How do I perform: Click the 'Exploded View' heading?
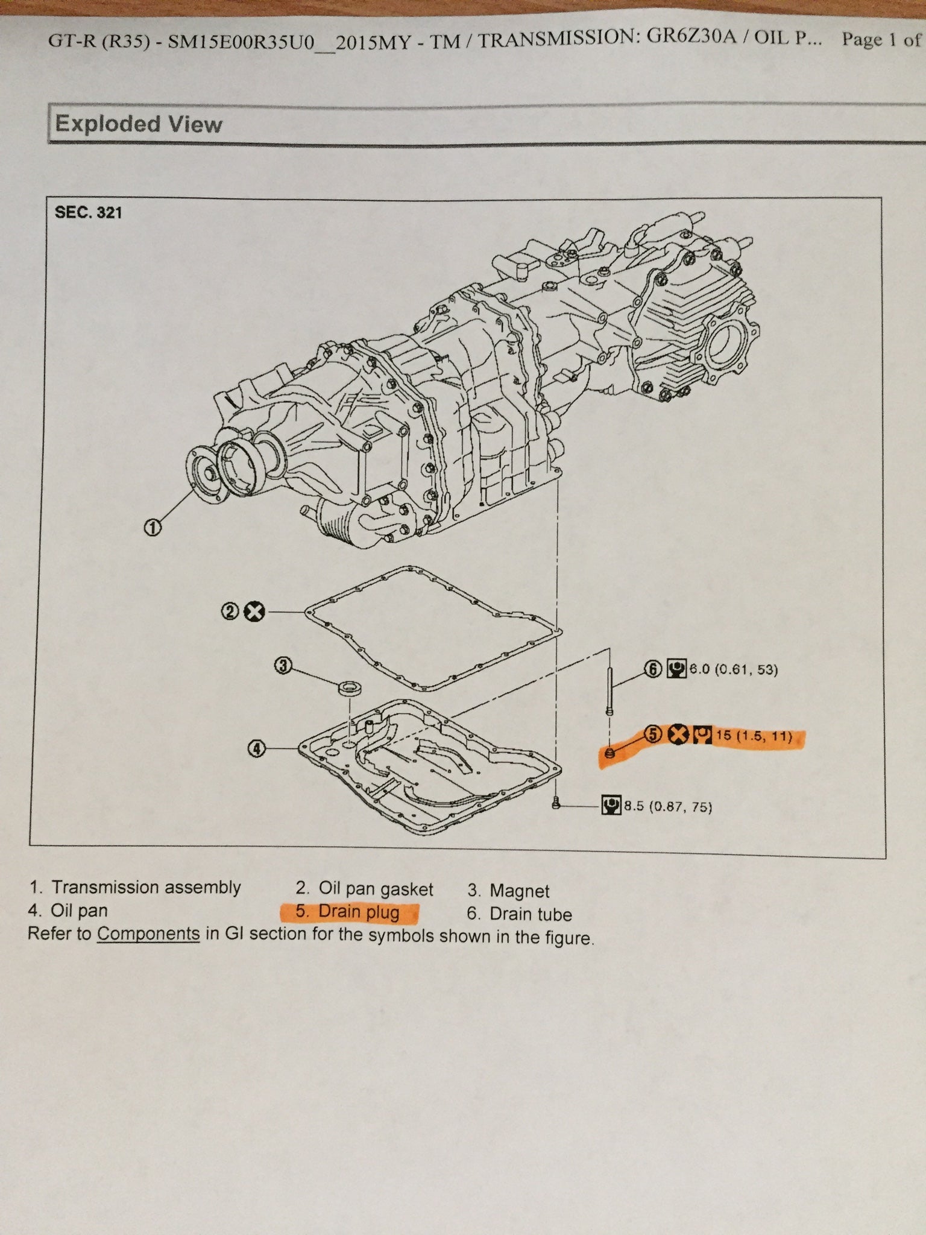(139, 124)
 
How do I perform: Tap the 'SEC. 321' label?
(88, 212)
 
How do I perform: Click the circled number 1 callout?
(153, 528)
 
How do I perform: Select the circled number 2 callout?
(230, 612)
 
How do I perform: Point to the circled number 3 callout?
(283, 666)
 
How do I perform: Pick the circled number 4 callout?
(256, 750)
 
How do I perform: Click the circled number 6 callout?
(653, 669)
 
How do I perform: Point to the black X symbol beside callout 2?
(254, 612)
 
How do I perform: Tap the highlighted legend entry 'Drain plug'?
(349, 911)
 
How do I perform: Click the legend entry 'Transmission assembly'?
(135, 887)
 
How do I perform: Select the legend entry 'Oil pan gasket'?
(364, 889)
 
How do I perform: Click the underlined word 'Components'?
(148, 933)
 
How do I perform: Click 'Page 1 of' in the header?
(881, 40)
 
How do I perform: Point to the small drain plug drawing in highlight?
(608, 753)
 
